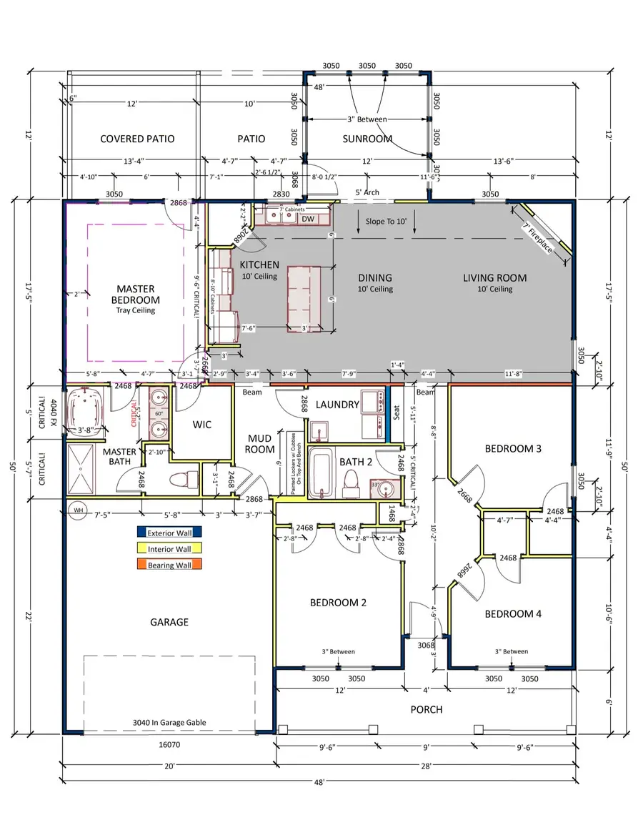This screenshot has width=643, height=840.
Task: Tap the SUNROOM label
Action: click(367, 139)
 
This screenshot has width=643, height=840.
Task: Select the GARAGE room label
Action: click(169, 622)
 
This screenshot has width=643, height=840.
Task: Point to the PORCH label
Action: click(426, 709)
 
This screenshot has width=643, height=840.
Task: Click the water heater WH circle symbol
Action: click(77, 510)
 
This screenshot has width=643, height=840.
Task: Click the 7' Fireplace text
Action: click(537, 237)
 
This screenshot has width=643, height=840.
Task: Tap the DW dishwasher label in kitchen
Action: click(308, 219)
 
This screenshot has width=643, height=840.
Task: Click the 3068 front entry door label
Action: click(427, 646)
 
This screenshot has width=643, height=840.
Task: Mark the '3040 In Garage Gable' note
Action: click(169, 723)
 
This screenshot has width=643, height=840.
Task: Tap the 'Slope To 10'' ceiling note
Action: click(386, 222)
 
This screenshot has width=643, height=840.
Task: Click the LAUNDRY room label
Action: click(337, 405)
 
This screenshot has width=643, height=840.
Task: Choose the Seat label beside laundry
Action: click(397, 413)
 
